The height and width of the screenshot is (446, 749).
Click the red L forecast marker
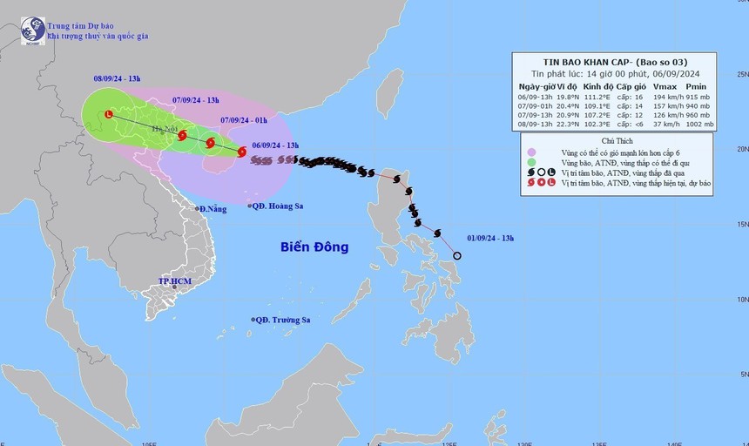109,114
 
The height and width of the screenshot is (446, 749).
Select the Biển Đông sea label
314,247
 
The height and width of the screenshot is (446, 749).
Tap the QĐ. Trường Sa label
281,320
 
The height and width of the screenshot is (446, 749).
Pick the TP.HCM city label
174,282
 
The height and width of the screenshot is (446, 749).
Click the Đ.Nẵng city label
212,209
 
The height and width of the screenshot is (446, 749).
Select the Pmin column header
698,87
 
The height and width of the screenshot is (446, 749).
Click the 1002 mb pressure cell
698,125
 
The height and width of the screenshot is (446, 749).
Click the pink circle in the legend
531,152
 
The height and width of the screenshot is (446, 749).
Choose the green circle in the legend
531,162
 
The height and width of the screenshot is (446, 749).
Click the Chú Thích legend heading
616,140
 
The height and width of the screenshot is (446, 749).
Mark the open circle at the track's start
457,255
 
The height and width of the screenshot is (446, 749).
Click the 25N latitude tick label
740,75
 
